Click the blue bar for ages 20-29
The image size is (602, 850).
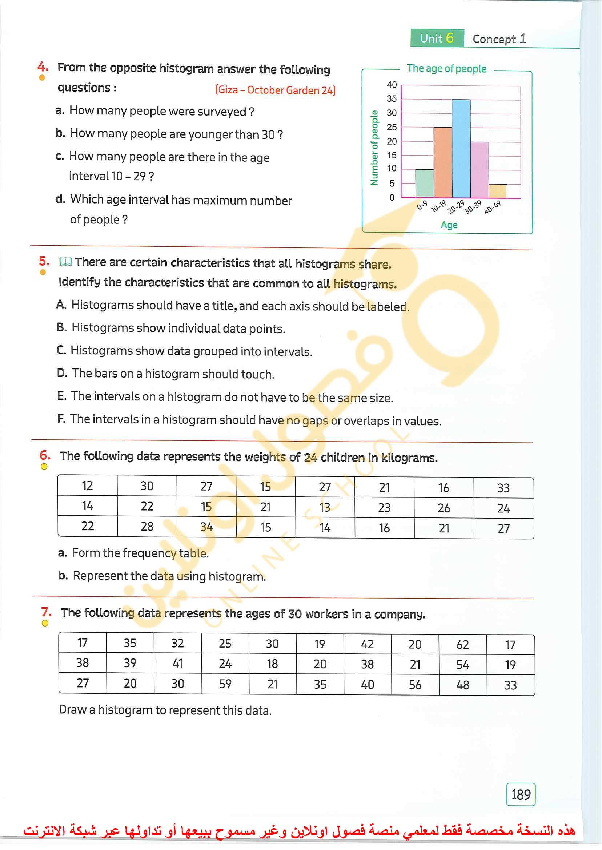coord(461,148)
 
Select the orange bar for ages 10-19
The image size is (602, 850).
coord(443,162)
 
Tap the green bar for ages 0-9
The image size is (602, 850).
coord(425,184)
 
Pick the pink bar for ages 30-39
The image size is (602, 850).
coord(479,170)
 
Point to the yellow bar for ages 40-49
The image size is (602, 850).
coord(497,191)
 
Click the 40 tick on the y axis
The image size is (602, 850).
coord(392,85)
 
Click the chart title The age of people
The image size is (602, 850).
coord(446,69)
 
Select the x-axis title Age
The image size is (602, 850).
coord(449,225)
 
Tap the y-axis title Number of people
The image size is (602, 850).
coord(374,148)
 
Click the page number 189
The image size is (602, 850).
coord(521,794)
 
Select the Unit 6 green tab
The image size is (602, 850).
coord(437,38)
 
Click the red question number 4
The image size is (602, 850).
coord(42,67)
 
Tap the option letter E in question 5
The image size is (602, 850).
coord(61,396)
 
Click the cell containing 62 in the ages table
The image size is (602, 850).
coord(462,644)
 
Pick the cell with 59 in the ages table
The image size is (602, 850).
coord(225,684)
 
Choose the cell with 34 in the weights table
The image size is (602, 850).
coord(206,527)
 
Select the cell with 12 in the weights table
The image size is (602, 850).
coord(88,486)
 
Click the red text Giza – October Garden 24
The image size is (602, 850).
coord(276,90)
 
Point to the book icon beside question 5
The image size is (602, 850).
coord(65,262)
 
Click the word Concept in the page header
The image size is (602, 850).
coord(494,39)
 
